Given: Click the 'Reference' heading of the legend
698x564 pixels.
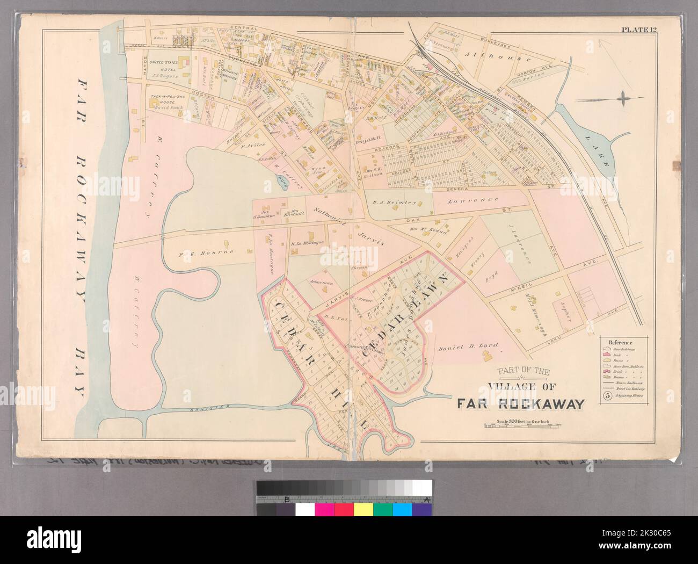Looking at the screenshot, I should (x=620, y=342).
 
